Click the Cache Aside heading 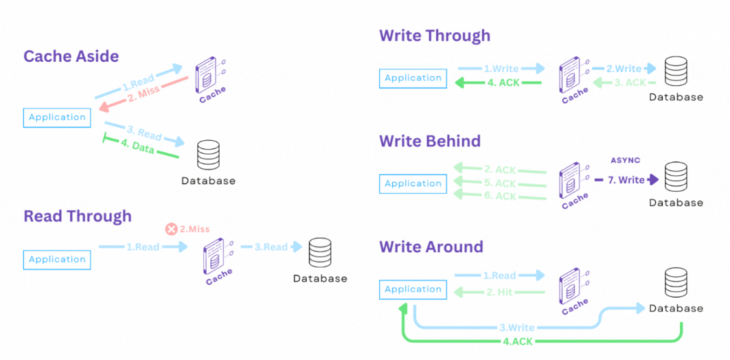click(x=71, y=56)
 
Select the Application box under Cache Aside click(x=57, y=117)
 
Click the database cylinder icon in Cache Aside click(x=208, y=155)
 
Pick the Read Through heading click(x=78, y=216)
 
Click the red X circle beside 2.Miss click(x=172, y=229)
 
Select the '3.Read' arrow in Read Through click(x=275, y=247)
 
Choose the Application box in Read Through click(x=57, y=260)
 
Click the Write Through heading click(x=435, y=36)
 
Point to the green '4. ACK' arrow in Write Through click(x=499, y=83)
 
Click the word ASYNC click(x=625, y=160)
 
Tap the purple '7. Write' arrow click(x=625, y=180)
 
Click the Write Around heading click(x=431, y=247)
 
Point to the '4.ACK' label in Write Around click(x=516, y=341)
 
